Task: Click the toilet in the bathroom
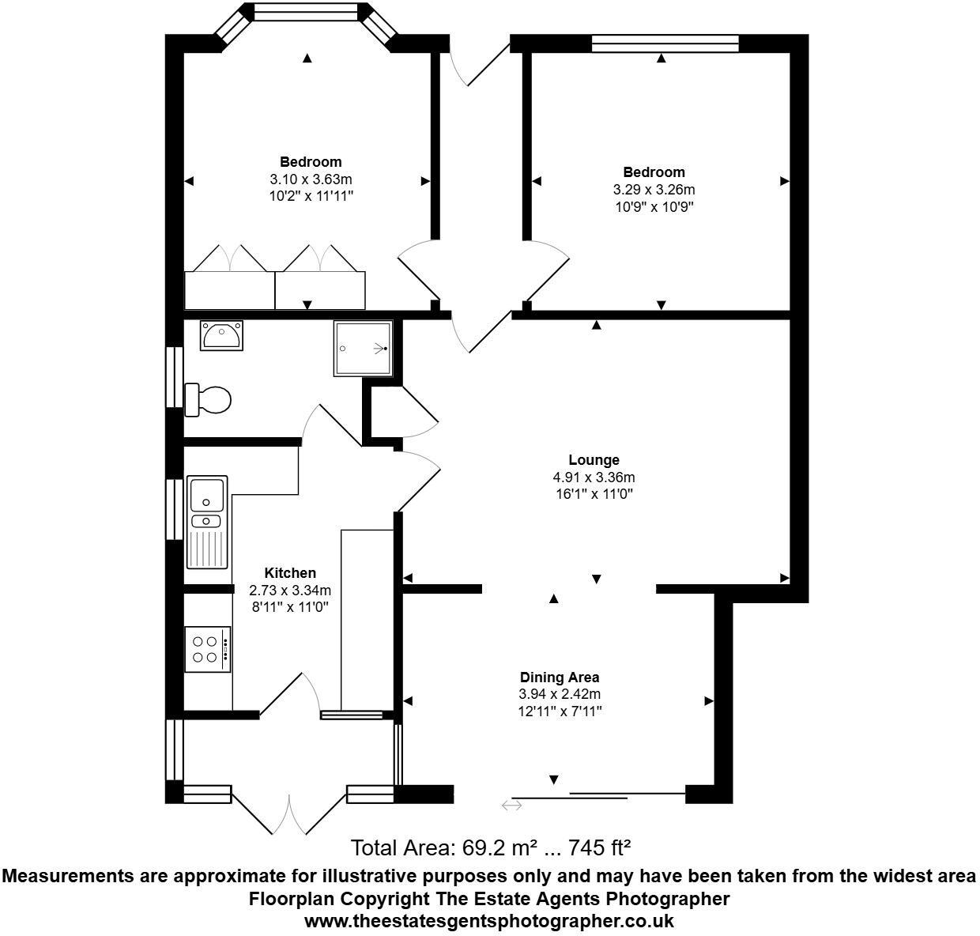pyautogui.click(x=209, y=399)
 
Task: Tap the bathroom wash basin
pyautogui.click(x=221, y=335)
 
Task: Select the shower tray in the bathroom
pyautogui.click(x=363, y=348)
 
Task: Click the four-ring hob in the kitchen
pyautogui.click(x=207, y=649)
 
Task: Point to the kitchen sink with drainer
pyautogui.click(x=207, y=523)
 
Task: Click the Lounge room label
pyautogui.click(x=594, y=460)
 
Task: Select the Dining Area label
pyautogui.click(x=559, y=677)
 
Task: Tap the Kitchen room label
pyautogui.click(x=289, y=573)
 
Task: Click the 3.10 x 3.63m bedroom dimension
pyautogui.click(x=310, y=179)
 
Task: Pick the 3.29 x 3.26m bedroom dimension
pyautogui.click(x=654, y=190)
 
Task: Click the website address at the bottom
pyautogui.click(x=489, y=921)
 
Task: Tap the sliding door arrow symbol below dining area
pyautogui.click(x=511, y=806)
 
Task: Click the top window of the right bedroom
pyautogui.click(x=665, y=43)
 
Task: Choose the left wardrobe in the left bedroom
pyautogui.click(x=229, y=290)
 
